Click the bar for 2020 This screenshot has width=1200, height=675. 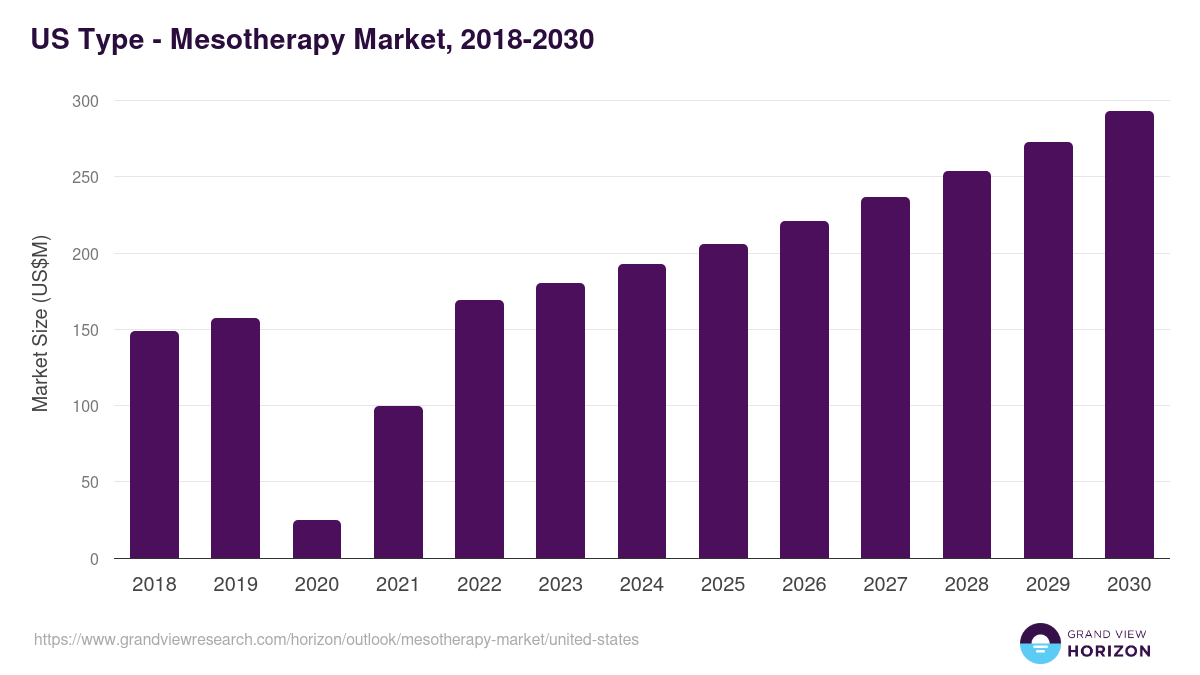(x=317, y=539)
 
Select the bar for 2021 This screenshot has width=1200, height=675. (x=398, y=482)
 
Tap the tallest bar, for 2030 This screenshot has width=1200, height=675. (x=1129, y=335)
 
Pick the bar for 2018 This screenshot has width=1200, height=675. (x=154, y=445)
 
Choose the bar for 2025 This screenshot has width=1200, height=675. (x=723, y=401)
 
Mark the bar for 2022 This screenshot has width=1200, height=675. (x=479, y=429)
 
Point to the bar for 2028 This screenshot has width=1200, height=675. (x=967, y=365)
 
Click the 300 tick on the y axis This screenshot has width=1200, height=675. (x=85, y=101)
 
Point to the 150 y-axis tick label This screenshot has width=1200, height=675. (x=85, y=330)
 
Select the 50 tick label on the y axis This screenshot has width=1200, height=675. (x=89, y=482)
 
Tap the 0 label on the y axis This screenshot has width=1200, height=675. (x=93, y=559)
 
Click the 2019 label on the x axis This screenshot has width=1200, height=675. (x=235, y=585)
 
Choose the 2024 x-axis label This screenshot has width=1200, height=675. (x=641, y=585)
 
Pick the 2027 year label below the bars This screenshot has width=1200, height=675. (x=885, y=585)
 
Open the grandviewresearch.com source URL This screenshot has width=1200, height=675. (x=336, y=639)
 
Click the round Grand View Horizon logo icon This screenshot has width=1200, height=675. (x=1039, y=643)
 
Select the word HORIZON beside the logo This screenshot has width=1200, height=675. (x=1109, y=651)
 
